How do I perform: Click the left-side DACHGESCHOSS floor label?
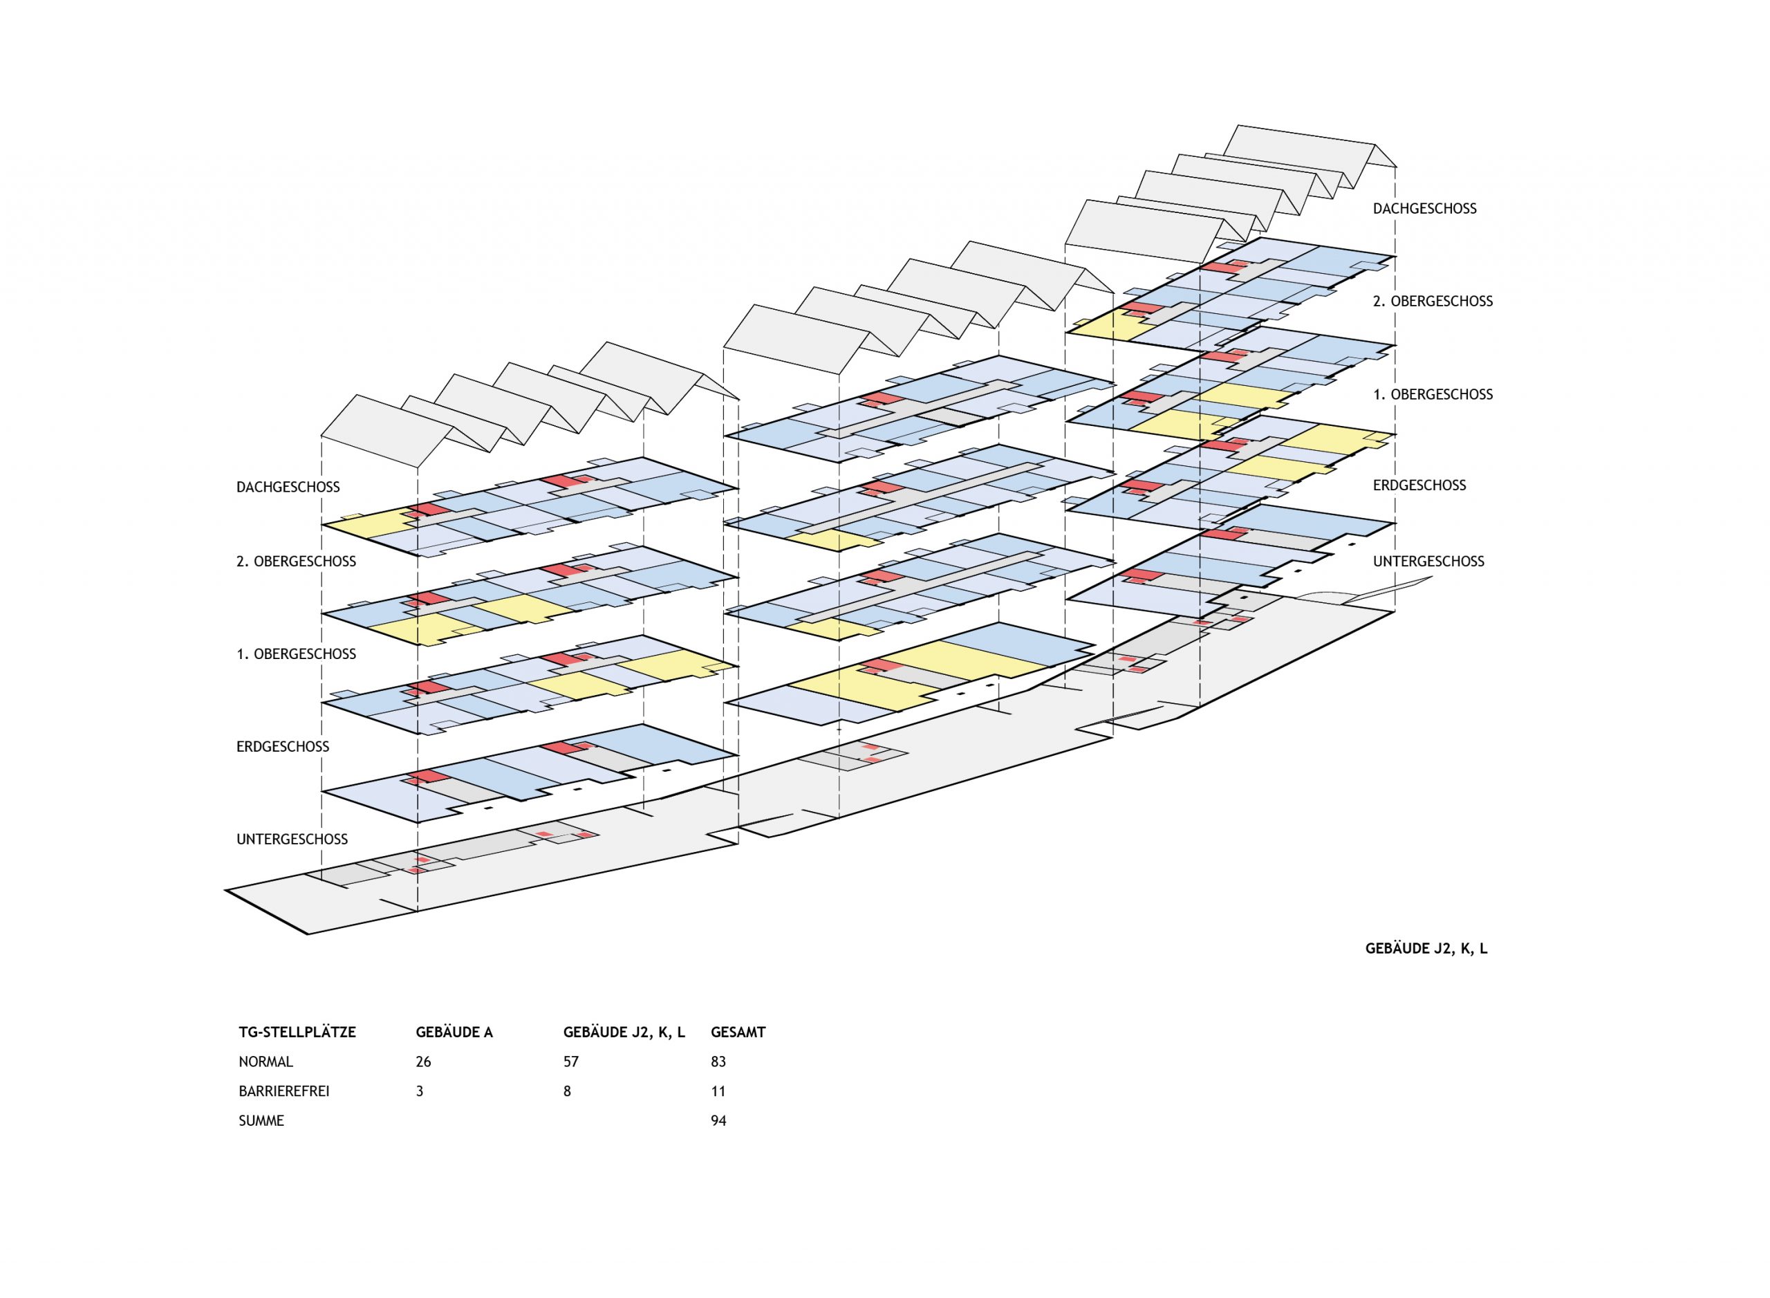tap(288, 487)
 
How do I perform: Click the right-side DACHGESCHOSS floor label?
tap(1424, 209)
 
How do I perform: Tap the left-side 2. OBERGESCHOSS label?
tap(295, 562)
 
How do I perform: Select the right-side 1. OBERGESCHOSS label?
tap(1432, 394)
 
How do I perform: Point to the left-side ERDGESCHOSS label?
tap(282, 746)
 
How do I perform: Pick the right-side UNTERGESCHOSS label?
tap(1428, 562)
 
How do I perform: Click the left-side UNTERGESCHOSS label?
tap(292, 839)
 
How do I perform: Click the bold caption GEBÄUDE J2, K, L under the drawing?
tap(1426, 948)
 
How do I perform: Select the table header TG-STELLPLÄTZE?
tap(297, 1032)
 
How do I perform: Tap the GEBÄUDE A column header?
tap(454, 1032)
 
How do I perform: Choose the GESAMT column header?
tap(738, 1032)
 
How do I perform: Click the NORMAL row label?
tap(265, 1062)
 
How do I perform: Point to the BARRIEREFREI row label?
tap(283, 1091)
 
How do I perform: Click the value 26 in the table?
tap(422, 1062)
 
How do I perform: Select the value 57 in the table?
tap(570, 1062)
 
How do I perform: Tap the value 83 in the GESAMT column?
tap(718, 1062)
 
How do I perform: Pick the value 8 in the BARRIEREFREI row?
tap(566, 1091)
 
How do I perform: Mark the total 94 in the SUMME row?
tap(718, 1121)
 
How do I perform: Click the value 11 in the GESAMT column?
tap(718, 1091)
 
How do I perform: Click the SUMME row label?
tap(261, 1121)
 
